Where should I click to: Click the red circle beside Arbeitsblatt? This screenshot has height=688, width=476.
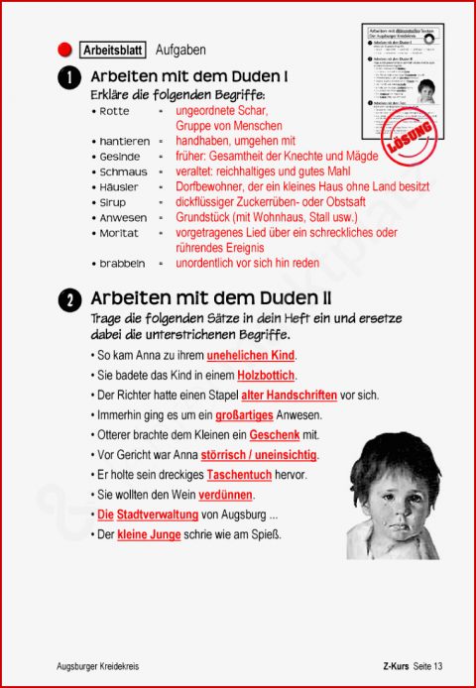click(x=65, y=49)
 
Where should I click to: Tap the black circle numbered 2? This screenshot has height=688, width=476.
click(x=68, y=300)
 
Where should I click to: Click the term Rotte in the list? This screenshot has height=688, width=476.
click(x=116, y=111)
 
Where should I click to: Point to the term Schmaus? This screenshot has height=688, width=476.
click(x=123, y=172)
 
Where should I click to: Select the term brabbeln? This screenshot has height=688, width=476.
click(x=123, y=264)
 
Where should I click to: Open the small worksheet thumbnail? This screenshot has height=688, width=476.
click(x=402, y=79)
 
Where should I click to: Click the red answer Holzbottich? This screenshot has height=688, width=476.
click(x=267, y=376)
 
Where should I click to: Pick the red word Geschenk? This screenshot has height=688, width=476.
click(x=275, y=435)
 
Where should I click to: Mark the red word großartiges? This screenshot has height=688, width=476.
click(x=244, y=415)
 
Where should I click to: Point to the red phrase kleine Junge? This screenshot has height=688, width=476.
click(x=149, y=534)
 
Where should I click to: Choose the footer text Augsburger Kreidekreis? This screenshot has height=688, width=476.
click(x=98, y=666)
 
